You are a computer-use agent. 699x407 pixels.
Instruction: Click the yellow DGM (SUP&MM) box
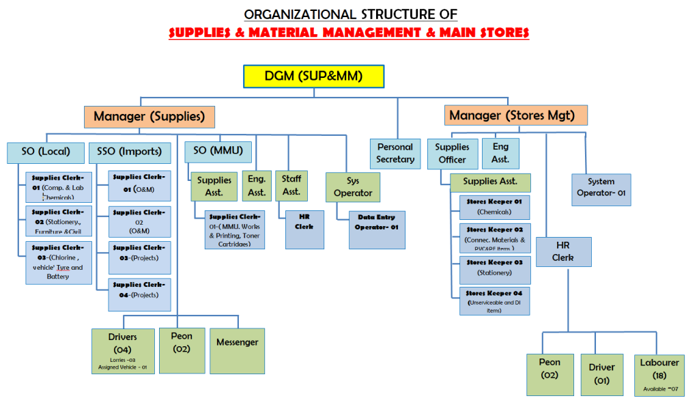coord(313,76)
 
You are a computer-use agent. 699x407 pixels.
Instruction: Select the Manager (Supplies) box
coord(149,116)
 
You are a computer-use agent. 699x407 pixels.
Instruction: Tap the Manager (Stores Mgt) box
coord(516,115)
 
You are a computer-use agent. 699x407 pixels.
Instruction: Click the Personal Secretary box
coord(395,153)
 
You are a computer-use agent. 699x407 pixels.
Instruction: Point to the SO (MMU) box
coord(218,150)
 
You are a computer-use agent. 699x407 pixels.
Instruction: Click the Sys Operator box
coord(353,187)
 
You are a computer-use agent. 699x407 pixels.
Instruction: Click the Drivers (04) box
coord(123,350)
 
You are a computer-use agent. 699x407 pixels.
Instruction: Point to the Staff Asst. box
coord(291,185)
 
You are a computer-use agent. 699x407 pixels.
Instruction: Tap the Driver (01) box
coord(601,374)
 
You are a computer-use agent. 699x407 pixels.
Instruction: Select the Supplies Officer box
coord(452,153)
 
